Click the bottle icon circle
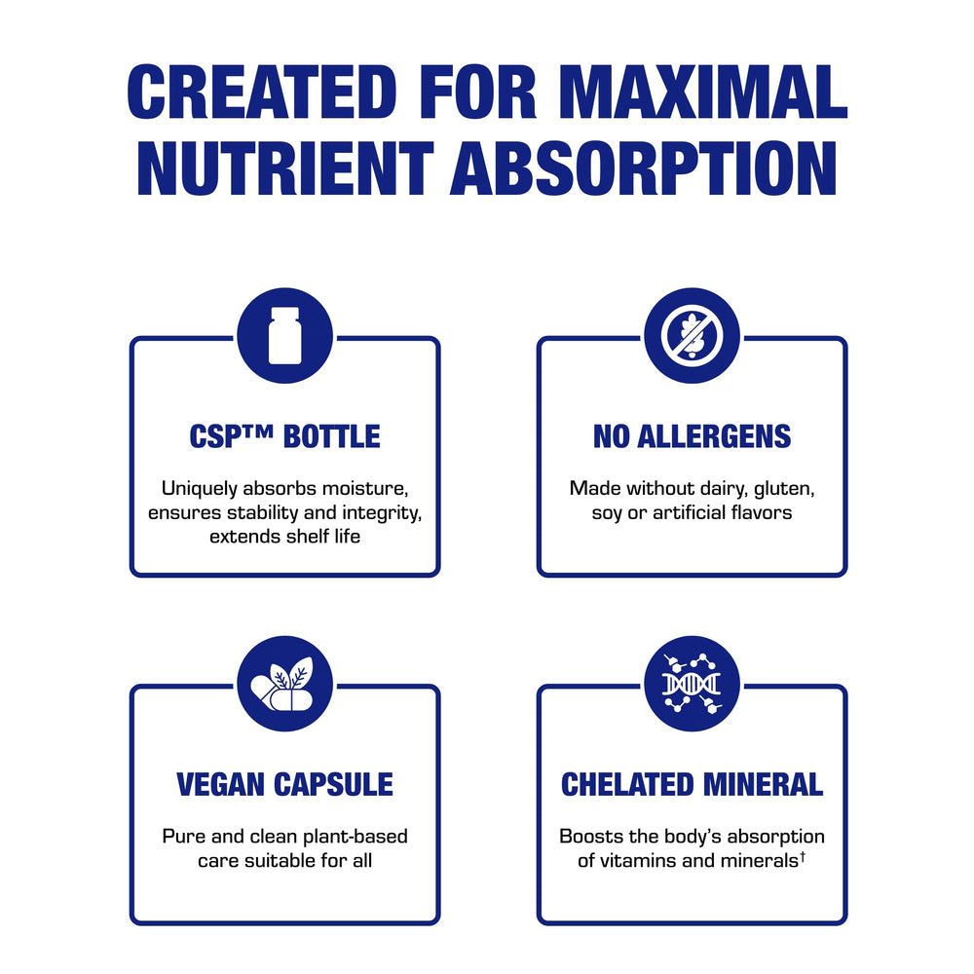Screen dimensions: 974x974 (284, 335)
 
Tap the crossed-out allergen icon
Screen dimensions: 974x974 (692, 335)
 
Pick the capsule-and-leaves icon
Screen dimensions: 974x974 (284, 683)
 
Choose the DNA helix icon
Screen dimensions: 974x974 (692, 683)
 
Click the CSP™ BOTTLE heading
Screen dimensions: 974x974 (284, 437)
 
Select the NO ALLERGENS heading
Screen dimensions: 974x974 (692, 437)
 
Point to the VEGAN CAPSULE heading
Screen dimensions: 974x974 (284, 784)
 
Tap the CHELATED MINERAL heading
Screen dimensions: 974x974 (692, 784)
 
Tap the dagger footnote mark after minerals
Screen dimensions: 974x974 (803, 856)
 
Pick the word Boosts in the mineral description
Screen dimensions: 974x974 (590, 837)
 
